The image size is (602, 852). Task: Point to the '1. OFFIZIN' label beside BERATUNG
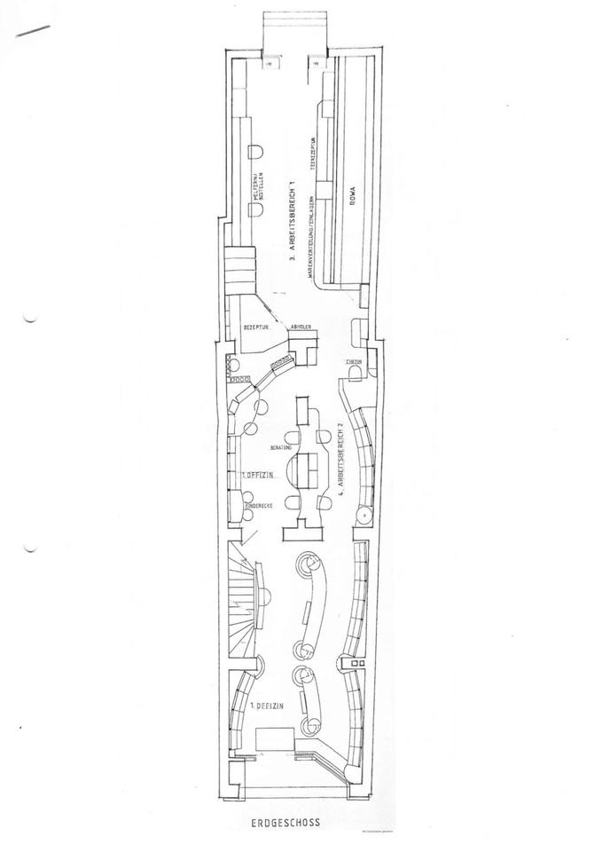(x=258, y=477)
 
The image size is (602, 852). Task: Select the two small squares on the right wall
(x=356, y=664)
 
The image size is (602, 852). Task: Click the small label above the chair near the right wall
(x=353, y=362)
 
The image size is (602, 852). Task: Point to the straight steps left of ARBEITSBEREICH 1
(x=238, y=264)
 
